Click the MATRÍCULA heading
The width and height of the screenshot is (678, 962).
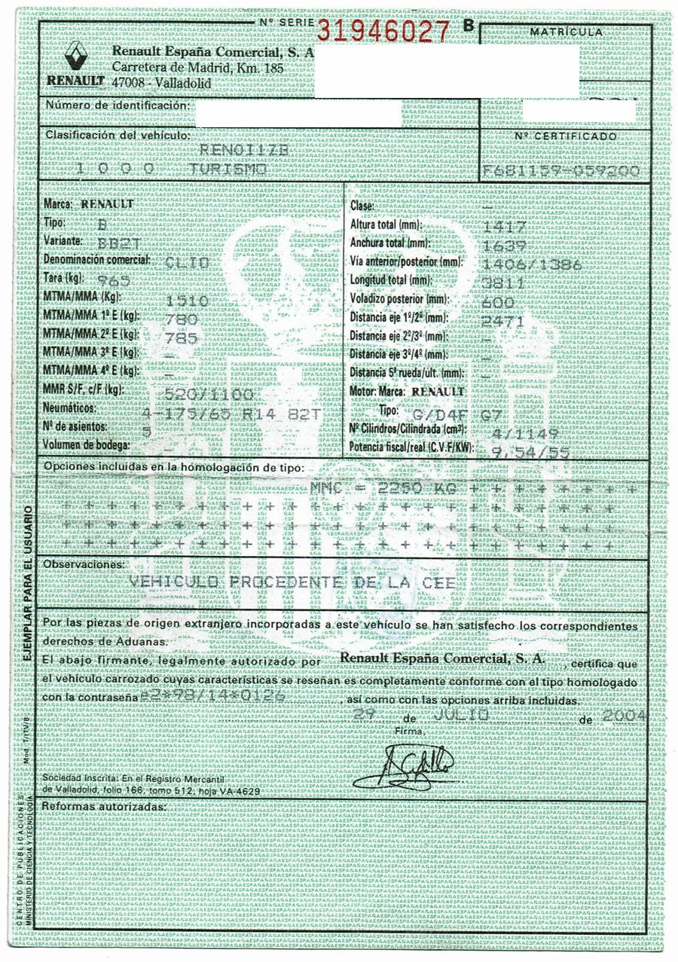pyautogui.click(x=566, y=32)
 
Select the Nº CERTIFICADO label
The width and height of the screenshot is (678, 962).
pyautogui.click(x=565, y=136)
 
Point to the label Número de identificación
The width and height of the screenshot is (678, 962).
pyautogui.click(x=117, y=105)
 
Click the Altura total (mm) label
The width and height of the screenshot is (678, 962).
pyautogui.click(x=396, y=225)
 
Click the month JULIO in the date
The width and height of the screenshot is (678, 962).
pyautogui.click(x=462, y=714)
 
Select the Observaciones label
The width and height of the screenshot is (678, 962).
pyautogui.click(x=84, y=563)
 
